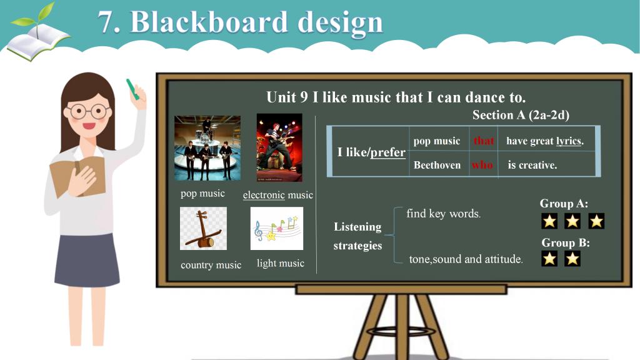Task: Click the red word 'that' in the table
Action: coord(484,141)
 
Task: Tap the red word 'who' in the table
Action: coord(482,165)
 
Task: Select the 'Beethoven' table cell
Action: coord(437,165)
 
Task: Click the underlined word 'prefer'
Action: coord(387,152)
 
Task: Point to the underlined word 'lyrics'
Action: coord(569,141)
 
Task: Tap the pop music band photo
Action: coord(207,147)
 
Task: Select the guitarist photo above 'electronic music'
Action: coord(279,147)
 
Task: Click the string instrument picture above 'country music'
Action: coord(203,228)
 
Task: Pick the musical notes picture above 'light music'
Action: coord(277,228)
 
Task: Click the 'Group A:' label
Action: coord(564,203)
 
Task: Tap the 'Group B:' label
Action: coord(565,243)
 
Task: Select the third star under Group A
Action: coord(596,221)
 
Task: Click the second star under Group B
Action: coord(572,258)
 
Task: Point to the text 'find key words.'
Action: coord(443,214)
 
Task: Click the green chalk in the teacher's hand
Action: coord(132,89)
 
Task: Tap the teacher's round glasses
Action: coord(89,111)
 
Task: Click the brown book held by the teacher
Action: coord(77,176)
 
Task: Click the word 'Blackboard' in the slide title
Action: coord(209,22)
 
